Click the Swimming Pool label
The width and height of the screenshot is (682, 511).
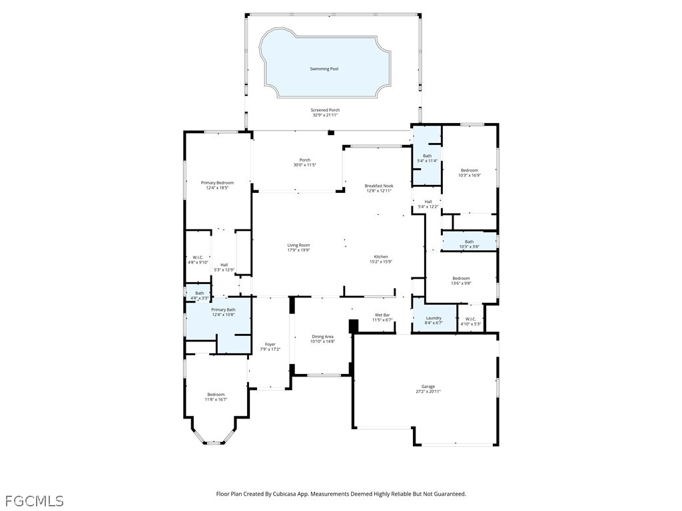click(x=324, y=69)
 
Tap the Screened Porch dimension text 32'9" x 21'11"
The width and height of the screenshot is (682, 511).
click(x=326, y=115)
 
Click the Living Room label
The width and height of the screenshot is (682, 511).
click(x=298, y=245)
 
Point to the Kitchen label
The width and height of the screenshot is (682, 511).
click(x=380, y=257)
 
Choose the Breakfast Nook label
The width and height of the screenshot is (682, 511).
click(x=379, y=186)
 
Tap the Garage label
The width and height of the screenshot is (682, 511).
click(x=428, y=387)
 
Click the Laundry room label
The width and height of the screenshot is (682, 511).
click(x=434, y=318)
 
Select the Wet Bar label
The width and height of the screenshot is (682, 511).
click(x=382, y=315)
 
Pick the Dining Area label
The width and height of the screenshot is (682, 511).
click(x=322, y=337)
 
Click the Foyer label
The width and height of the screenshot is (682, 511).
click(x=270, y=344)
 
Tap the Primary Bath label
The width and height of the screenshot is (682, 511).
click(x=223, y=309)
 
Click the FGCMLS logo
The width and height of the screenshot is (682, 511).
click(x=34, y=500)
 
